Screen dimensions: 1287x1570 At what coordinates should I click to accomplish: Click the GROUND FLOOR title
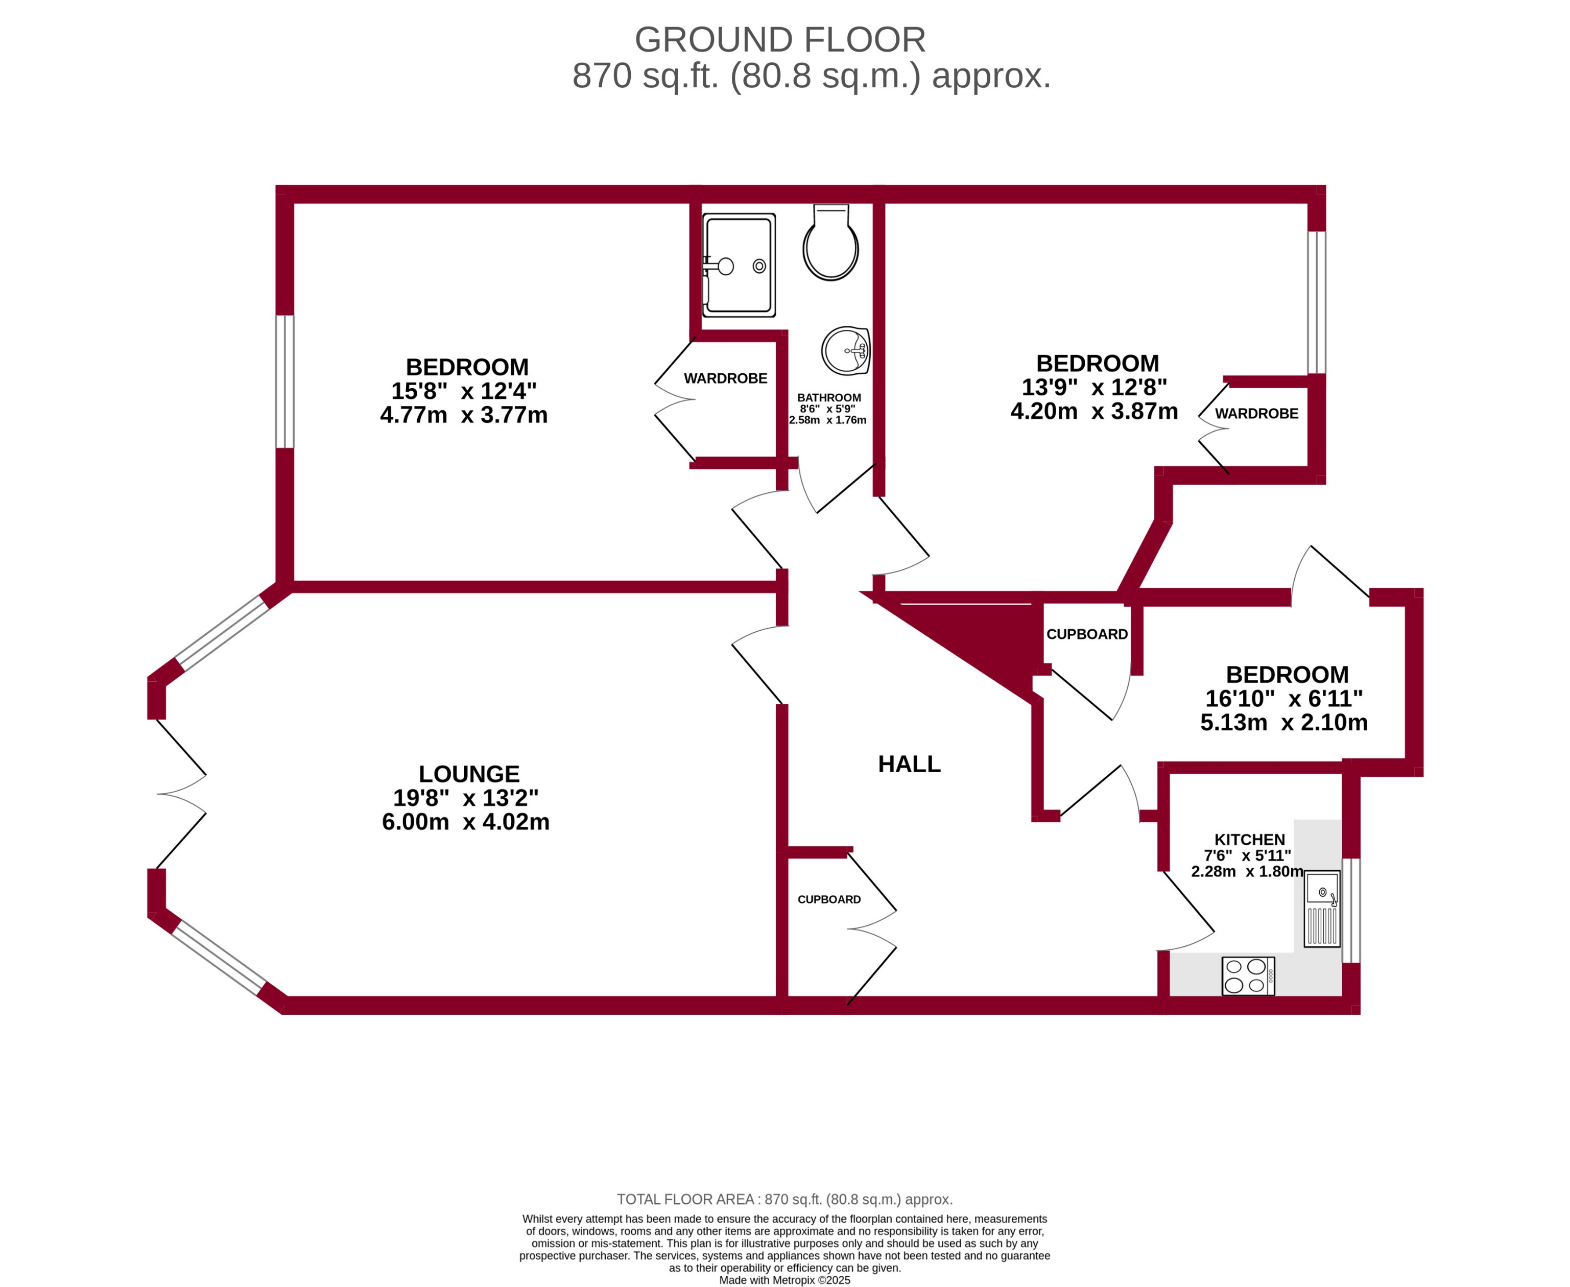[x=780, y=40]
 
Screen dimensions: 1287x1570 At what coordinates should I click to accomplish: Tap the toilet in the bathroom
[x=830, y=245]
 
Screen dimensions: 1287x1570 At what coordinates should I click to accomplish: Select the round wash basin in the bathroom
[x=845, y=351]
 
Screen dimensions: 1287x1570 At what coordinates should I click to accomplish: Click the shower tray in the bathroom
[x=739, y=265]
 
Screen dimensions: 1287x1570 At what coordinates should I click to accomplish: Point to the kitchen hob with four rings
[x=1248, y=975]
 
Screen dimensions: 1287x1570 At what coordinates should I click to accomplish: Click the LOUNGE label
[x=468, y=774]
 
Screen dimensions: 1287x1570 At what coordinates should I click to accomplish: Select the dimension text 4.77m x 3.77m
[x=463, y=414]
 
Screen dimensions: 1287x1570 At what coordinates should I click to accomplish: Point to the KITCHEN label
[x=1249, y=839]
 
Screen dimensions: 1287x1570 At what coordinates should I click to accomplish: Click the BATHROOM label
[x=829, y=397]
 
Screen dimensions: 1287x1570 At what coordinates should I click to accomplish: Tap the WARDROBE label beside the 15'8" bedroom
[x=725, y=378]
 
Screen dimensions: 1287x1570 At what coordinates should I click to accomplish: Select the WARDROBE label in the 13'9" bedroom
[x=1256, y=414]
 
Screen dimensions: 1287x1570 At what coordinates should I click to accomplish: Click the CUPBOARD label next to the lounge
[x=829, y=899]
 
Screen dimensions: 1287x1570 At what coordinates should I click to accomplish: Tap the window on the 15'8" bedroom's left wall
[x=284, y=382]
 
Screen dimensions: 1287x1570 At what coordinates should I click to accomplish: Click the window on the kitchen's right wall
[x=1350, y=911]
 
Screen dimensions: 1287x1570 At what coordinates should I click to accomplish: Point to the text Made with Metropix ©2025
[x=784, y=1279]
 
